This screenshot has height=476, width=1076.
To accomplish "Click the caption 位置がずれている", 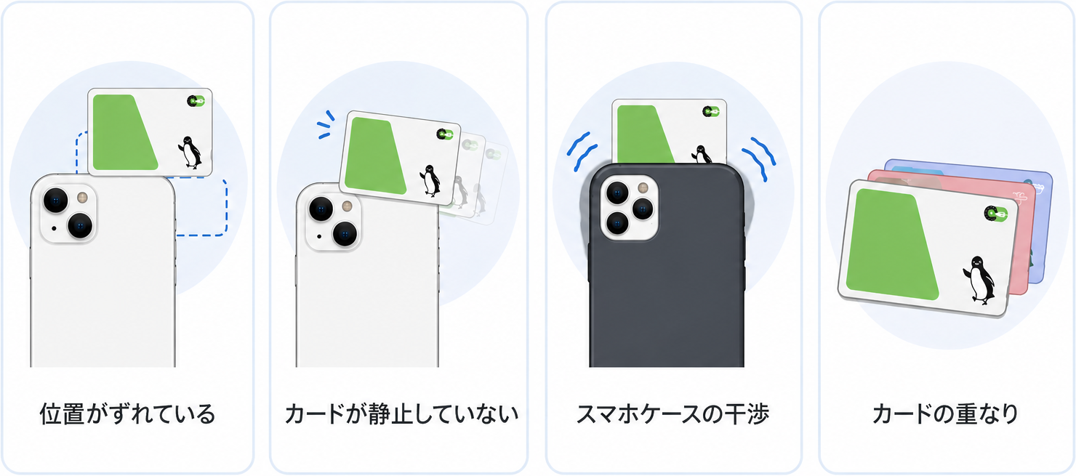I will click(x=127, y=414).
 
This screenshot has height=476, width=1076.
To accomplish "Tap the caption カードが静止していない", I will click(x=401, y=414).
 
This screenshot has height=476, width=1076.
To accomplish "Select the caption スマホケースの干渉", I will click(x=672, y=414).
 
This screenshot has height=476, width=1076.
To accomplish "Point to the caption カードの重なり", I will click(x=945, y=414).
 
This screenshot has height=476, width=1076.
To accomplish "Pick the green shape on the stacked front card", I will click(x=891, y=243).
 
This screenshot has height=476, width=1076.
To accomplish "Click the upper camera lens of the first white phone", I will click(x=56, y=201).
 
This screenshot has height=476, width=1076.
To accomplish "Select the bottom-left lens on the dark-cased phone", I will click(x=617, y=223).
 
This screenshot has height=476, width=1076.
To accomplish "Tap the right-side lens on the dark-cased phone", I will click(x=643, y=209).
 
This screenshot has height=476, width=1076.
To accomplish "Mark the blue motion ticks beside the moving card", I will click(x=326, y=124).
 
